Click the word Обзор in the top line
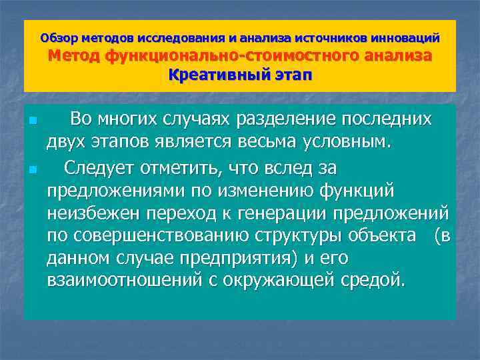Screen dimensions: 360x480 click(x=55, y=38)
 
